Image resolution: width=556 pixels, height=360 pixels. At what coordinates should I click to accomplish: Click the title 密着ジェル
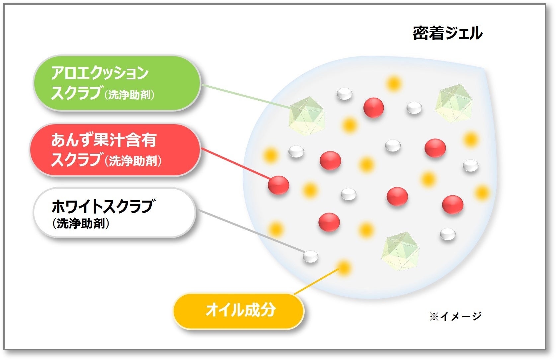pos(447,33)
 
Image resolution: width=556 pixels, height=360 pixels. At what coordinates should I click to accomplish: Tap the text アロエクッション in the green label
pos(100,73)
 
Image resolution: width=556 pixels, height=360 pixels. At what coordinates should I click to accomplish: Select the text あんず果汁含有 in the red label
pos(104,140)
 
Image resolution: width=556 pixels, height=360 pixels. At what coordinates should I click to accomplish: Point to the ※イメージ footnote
pos(455,316)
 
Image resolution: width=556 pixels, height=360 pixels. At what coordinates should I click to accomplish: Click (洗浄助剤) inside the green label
pos(129,95)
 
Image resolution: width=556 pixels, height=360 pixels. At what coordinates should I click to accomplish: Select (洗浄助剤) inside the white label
pos(81,223)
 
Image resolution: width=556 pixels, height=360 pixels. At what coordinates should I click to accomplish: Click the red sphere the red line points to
pos(278,185)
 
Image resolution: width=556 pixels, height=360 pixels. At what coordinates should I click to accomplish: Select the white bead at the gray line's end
pos(311,257)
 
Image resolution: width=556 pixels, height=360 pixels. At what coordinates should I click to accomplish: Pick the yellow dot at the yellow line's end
pos(344,267)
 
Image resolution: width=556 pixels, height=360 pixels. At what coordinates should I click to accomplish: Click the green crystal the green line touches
pos(306,116)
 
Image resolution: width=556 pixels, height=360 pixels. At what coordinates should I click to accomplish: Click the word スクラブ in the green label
pos(76,93)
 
